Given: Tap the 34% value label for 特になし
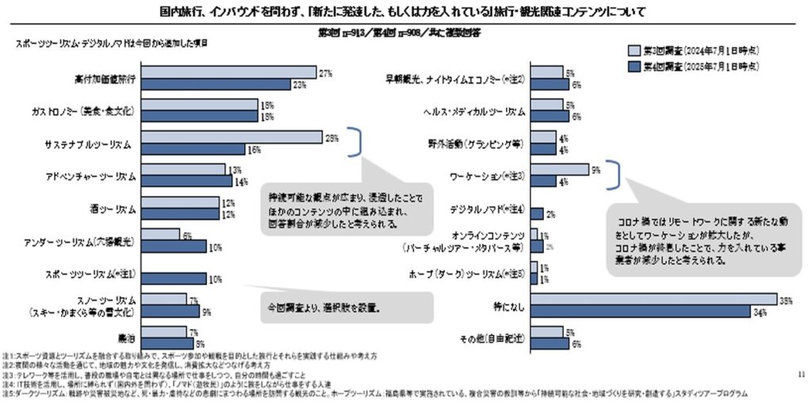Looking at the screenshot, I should [760, 311].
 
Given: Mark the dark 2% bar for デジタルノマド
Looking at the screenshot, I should [537, 213].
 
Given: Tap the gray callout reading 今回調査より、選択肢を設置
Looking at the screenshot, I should [347, 305].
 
